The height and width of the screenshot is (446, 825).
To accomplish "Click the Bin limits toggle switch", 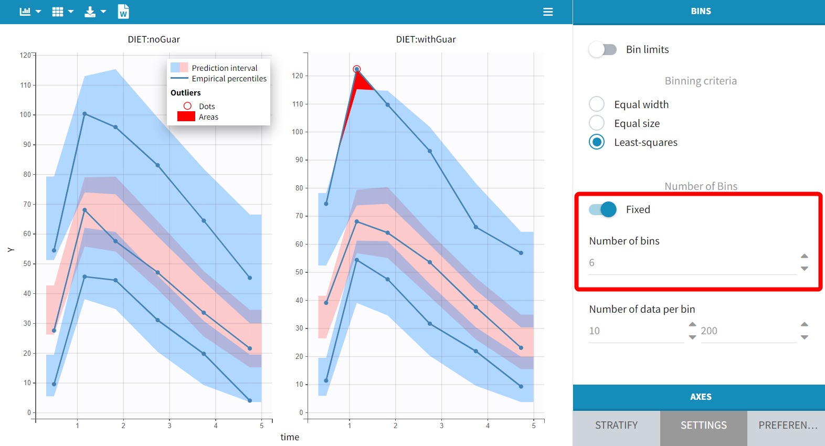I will pyautogui.click(x=602, y=49).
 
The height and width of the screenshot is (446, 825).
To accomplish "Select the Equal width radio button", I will pyautogui.click(x=597, y=104).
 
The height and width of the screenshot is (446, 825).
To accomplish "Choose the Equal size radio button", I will pyautogui.click(x=597, y=123).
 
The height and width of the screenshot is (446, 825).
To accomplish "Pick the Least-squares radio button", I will pyautogui.click(x=597, y=142).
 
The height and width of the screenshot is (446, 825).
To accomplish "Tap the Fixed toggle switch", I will pyautogui.click(x=602, y=209).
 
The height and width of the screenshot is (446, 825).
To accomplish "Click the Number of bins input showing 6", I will pyautogui.click(x=692, y=263).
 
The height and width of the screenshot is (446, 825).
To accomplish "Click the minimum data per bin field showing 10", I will pyautogui.click(x=636, y=331).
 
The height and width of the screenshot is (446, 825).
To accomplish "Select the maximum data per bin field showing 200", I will pyautogui.click(x=747, y=331).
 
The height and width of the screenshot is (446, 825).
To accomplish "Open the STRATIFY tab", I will pyautogui.click(x=616, y=426).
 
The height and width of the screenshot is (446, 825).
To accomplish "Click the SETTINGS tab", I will pyautogui.click(x=703, y=426).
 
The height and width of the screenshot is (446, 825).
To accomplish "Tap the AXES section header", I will pyautogui.click(x=700, y=397).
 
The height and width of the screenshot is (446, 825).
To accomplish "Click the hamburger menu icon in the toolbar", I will pyautogui.click(x=548, y=12).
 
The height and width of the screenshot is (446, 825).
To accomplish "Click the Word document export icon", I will pyautogui.click(x=123, y=12).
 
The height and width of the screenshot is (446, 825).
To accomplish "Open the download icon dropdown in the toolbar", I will pyautogui.click(x=95, y=12).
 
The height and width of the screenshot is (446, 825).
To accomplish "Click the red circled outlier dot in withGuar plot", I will pyautogui.click(x=357, y=69).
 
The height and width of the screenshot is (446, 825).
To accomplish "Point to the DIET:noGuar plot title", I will pyautogui.click(x=154, y=39).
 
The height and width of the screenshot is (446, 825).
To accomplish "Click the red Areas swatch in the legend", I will pyautogui.click(x=186, y=116).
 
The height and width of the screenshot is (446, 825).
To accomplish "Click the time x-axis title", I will pyautogui.click(x=290, y=437).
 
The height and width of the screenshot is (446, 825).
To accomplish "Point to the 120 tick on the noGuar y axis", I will pyautogui.click(x=25, y=55).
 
